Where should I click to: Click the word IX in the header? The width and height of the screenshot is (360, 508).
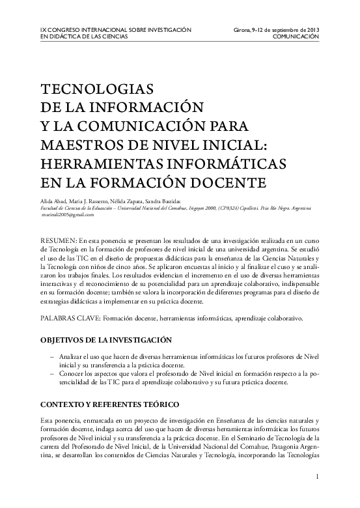pos(43,30)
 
